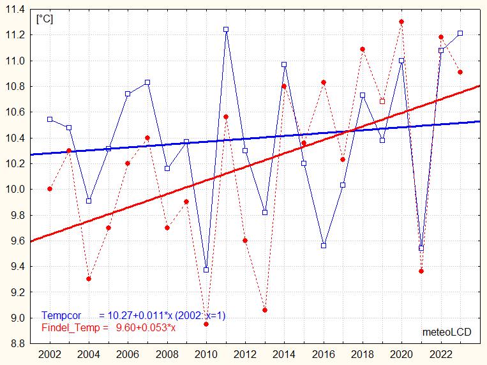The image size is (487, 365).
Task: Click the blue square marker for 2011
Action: point(226,29)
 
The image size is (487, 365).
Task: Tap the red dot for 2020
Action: point(401,22)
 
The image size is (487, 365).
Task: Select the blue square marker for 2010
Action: point(206,270)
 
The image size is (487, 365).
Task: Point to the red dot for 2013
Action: point(265,310)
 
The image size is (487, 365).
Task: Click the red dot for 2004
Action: point(89,279)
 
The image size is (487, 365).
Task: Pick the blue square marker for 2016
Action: point(324,246)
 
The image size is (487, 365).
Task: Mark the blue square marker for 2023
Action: point(460,33)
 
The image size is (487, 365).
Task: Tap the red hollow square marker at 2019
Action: point(382,101)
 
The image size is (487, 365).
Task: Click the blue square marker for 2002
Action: point(50,119)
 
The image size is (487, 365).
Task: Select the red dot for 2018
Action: point(363,49)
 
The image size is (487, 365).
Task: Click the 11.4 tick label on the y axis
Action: point(15,10)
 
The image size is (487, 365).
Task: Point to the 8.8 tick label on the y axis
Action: point(15,344)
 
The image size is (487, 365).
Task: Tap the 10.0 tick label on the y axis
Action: point(15,190)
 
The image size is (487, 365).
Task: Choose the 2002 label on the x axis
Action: point(50,354)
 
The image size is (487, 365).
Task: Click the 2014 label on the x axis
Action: point(284,354)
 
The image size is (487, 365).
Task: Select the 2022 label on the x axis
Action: point(440,354)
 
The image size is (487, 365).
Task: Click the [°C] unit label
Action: point(45,19)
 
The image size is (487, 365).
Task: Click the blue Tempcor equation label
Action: point(133,316)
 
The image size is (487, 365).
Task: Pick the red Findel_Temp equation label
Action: point(109,328)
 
